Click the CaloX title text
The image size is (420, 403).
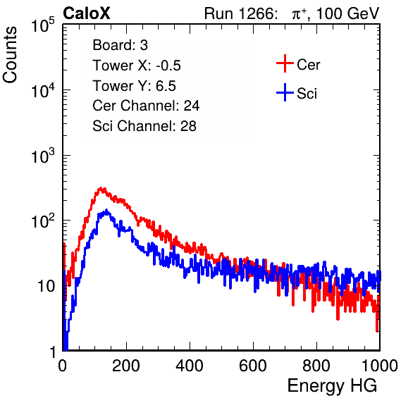click(86, 13)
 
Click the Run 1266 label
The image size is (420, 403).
click(240, 13)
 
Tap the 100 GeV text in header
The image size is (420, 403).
click(347, 13)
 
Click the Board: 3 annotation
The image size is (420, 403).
click(120, 45)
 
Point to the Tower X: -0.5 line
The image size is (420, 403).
click(137, 66)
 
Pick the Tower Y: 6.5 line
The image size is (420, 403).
click(134, 86)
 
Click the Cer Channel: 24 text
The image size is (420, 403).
click(146, 106)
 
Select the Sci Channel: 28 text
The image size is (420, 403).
click(144, 126)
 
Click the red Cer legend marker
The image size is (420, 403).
click(285, 63)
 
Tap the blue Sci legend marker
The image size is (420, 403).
click(285, 93)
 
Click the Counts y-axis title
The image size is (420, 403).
click(10, 54)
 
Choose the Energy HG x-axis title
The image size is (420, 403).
click(333, 386)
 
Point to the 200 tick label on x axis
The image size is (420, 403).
click(126, 366)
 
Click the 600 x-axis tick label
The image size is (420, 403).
click(253, 366)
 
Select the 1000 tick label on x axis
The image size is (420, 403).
click(380, 366)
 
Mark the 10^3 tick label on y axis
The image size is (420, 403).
click(44, 155)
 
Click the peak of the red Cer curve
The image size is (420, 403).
click(101, 189)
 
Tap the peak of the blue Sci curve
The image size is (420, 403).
click(106, 211)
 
